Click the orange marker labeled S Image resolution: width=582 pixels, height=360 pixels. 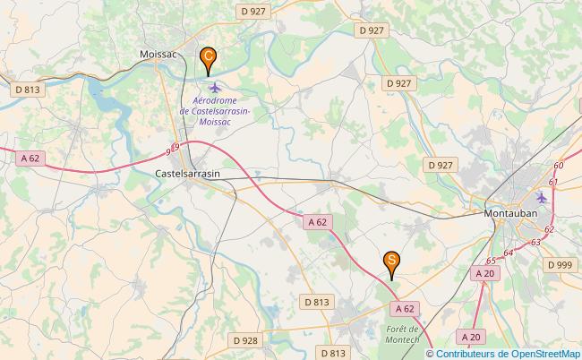point(391,261)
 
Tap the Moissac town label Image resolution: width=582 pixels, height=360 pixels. point(158,55)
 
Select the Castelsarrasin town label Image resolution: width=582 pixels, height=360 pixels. point(188,174)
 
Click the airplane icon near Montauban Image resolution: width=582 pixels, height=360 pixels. point(541,197)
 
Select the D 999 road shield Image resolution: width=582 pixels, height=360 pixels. point(561,264)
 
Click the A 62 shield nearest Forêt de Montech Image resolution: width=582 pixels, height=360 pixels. point(404,308)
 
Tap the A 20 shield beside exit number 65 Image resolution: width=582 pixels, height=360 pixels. point(484,273)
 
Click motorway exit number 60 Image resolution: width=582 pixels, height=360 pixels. point(559,166)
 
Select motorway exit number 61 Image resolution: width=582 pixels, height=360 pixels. point(552,183)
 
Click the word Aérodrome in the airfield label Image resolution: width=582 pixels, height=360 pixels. point(214,100)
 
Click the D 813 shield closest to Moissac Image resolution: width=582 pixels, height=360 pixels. point(28,90)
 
